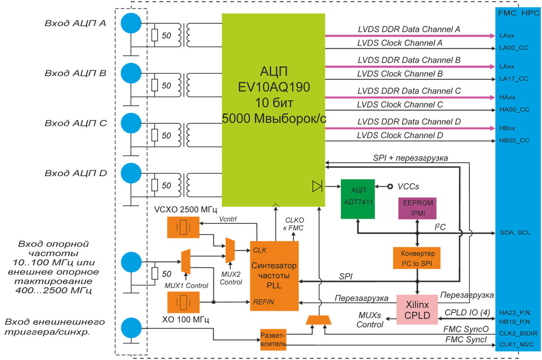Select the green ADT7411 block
click(357, 197)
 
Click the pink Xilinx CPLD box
click(417, 310)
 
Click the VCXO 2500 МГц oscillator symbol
click(184, 228)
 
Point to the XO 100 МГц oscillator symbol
click(184, 303)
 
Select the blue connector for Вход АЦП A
click(131, 23)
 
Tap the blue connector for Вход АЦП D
click(131, 174)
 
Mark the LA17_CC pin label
click(513, 78)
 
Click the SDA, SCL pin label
click(514, 232)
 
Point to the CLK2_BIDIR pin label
click(518, 334)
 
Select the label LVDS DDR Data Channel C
click(409, 91)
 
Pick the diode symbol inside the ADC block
click(317, 186)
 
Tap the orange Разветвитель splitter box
click(273, 339)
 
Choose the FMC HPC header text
click(518, 12)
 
